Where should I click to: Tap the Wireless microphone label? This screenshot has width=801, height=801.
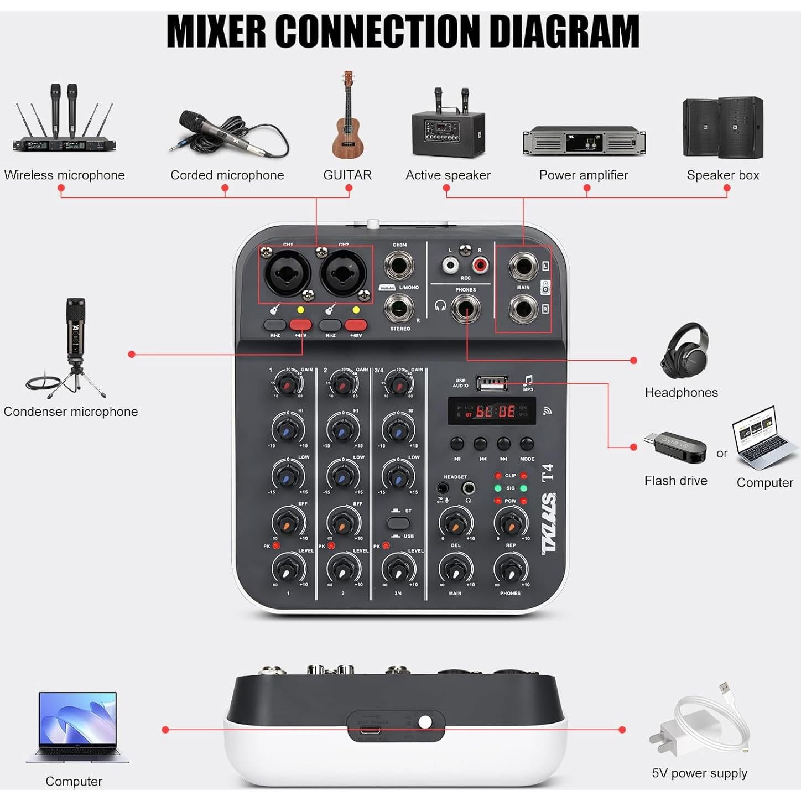[x=64, y=175]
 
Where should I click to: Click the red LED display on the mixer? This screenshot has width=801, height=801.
[x=492, y=411]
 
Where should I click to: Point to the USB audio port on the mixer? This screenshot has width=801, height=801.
[x=492, y=382]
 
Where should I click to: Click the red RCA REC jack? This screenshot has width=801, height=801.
[x=480, y=265]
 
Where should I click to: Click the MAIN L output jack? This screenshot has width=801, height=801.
[x=523, y=267]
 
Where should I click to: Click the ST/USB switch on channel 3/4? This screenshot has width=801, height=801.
[x=398, y=523]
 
